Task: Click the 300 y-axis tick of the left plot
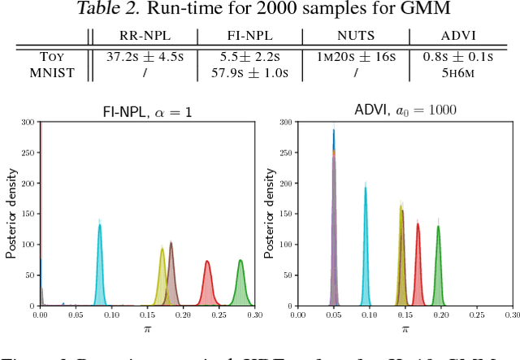[27, 121]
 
